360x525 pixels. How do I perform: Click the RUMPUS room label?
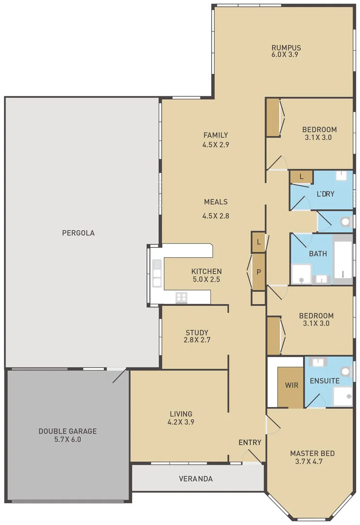(x=286, y=48)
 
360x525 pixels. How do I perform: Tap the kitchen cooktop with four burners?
(x=182, y=296)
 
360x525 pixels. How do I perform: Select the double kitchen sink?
(x=156, y=274)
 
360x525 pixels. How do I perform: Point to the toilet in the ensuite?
(x=345, y=371)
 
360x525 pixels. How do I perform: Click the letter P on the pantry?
(x=258, y=272)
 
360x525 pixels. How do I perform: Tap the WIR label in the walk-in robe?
(x=291, y=385)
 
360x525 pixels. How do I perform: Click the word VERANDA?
(x=196, y=478)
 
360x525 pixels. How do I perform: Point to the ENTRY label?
(x=250, y=442)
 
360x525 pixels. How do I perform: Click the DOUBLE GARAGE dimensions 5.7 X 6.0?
(x=68, y=439)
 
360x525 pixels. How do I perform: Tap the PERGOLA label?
(x=78, y=233)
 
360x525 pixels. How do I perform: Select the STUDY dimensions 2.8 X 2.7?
(x=197, y=340)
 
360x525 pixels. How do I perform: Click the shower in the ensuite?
(x=343, y=397)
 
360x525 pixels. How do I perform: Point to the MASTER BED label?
(x=312, y=454)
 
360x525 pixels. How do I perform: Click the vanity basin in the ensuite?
(x=317, y=362)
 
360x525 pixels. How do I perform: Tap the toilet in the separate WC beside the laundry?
(x=345, y=222)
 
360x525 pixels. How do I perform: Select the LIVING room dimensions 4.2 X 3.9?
(x=181, y=422)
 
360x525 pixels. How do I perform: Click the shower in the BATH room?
(x=301, y=274)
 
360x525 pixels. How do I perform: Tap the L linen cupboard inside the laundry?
(x=301, y=177)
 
